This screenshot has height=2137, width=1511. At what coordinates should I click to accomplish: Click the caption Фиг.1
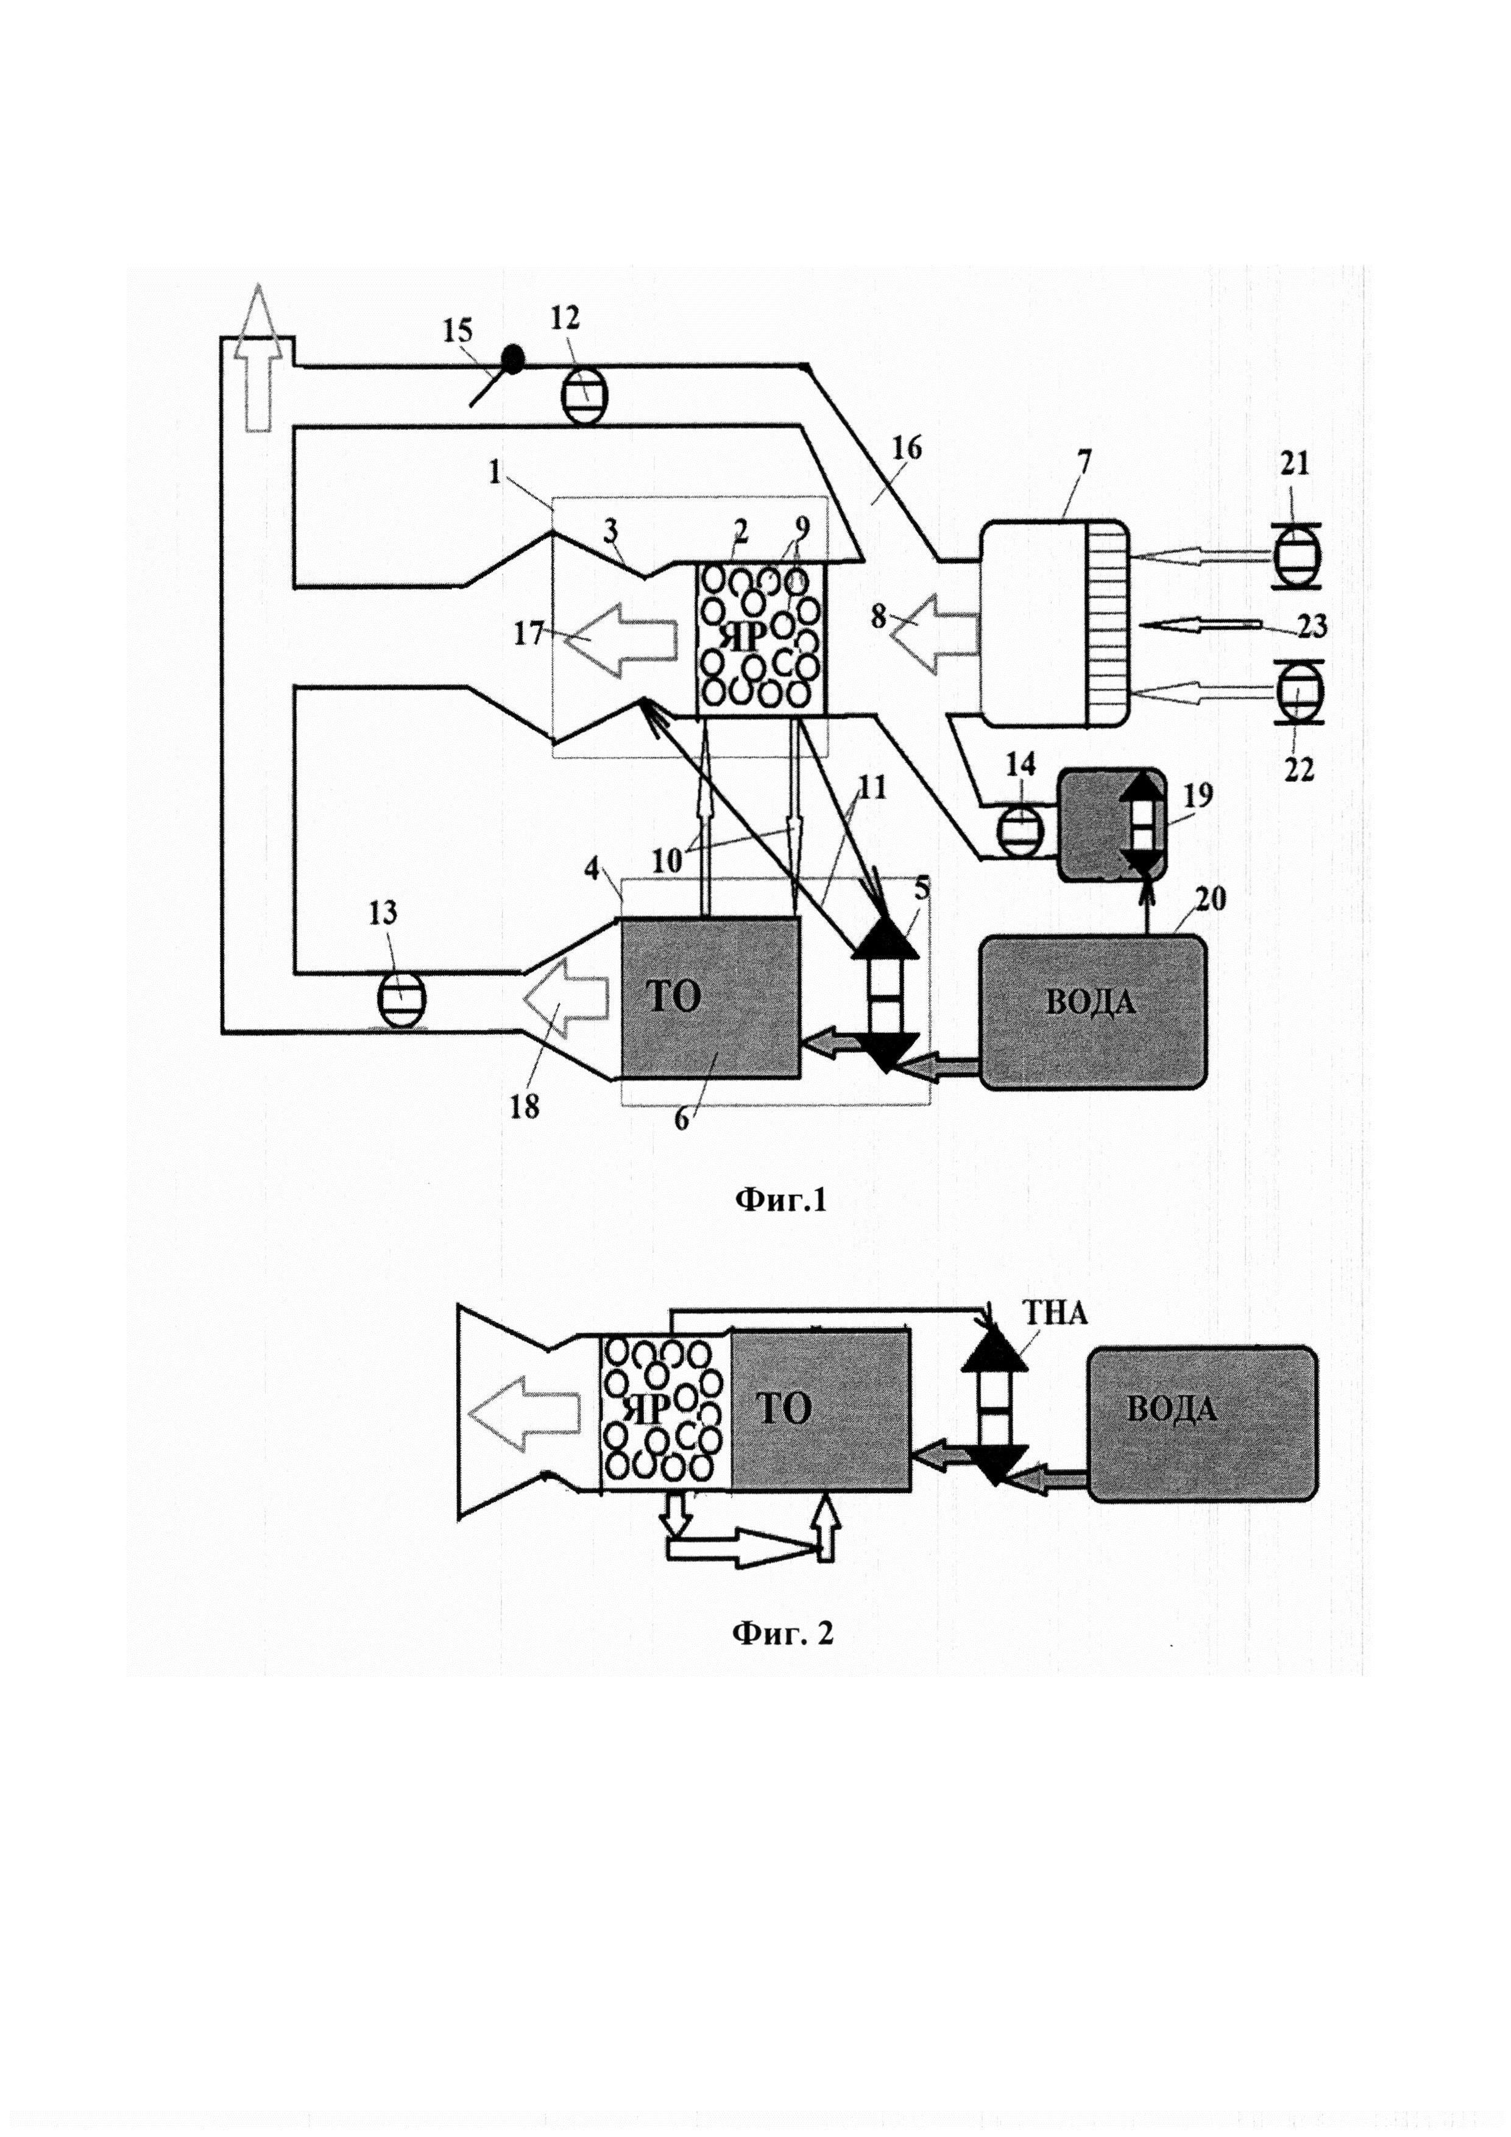click(x=780, y=1200)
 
